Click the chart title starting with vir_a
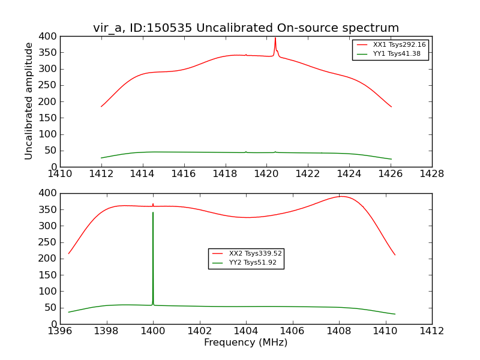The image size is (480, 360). (246, 28)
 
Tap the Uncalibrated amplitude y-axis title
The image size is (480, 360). (29, 101)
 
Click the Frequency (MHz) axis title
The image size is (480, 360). (246, 343)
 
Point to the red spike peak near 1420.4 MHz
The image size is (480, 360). (275, 38)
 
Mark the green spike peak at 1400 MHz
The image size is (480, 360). (153, 212)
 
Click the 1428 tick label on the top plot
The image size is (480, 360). (431, 174)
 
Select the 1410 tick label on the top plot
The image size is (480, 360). (61, 174)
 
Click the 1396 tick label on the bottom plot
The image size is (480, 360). (61, 331)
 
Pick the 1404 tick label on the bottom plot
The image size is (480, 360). (246, 331)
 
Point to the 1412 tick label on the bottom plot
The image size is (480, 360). (431, 331)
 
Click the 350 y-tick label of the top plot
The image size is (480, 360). (47, 53)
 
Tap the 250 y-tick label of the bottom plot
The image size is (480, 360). (47, 242)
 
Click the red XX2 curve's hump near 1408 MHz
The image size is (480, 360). (340, 196)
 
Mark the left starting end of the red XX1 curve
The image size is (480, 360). (101, 107)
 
